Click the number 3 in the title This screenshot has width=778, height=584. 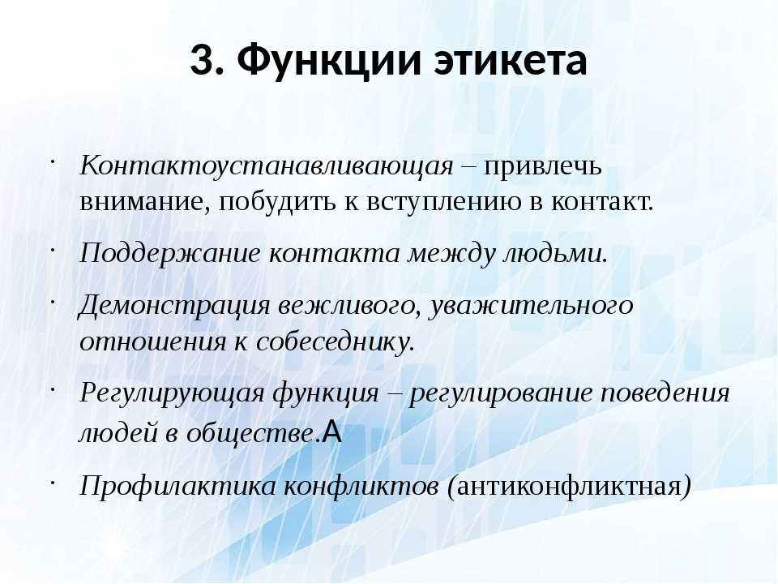point(203,61)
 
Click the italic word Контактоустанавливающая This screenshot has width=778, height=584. point(267,165)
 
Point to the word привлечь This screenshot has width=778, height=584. point(543,167)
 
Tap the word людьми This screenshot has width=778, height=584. point(556,254)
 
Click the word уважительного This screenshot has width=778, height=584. point(531,306)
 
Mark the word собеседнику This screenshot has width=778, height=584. point(336,342)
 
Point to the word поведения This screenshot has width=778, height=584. point(665,394)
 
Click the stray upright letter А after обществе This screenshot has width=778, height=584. point(332,432)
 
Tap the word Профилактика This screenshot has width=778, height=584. point(177,486)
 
